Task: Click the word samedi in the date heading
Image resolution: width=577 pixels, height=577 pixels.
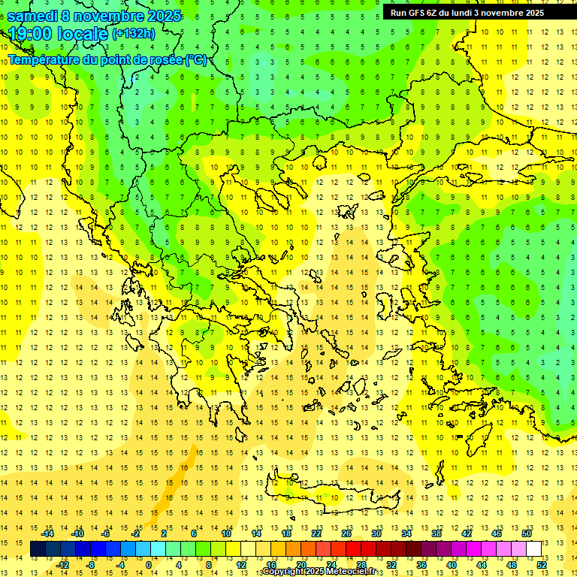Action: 34,15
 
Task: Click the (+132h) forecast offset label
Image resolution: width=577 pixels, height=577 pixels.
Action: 134,33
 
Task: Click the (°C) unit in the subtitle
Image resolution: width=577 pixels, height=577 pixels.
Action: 196,59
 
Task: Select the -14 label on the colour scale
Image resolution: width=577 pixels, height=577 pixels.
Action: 47,533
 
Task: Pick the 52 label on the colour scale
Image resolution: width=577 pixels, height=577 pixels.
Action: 542,564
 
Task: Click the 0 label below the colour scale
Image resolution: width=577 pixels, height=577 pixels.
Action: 148,564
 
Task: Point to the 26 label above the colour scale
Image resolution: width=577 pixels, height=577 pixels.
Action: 346,533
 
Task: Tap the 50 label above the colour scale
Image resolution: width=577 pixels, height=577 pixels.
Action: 527,533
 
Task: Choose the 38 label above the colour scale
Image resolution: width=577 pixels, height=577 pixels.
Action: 437,533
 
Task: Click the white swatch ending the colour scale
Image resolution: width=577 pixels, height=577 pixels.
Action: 534,548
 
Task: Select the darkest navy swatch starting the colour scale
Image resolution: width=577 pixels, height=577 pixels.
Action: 38,548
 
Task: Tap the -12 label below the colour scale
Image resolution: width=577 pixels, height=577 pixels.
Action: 62,564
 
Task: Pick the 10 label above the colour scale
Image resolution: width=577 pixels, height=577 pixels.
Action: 226,533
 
